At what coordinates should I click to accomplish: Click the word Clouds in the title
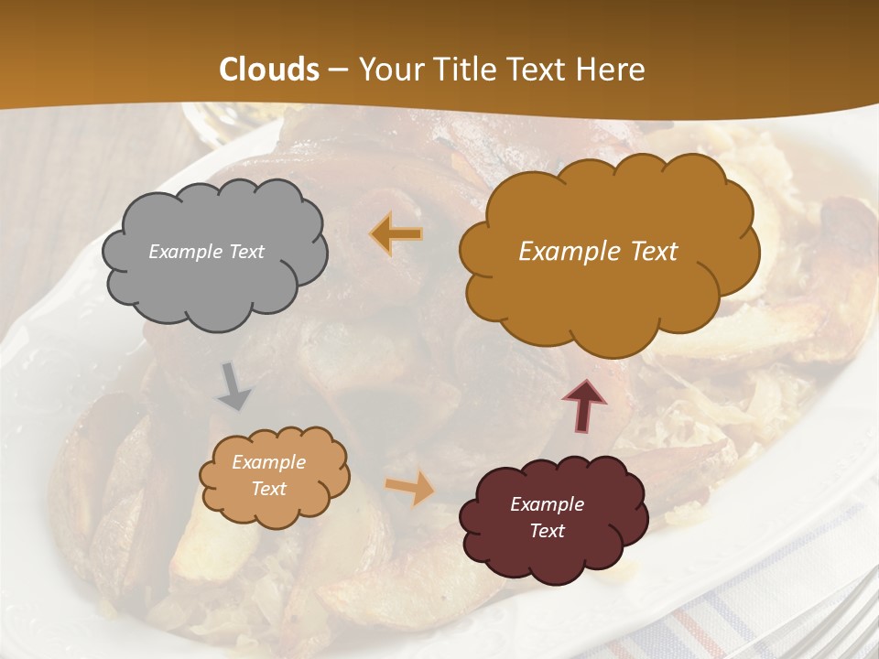pos(269,70)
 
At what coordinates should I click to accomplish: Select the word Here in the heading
pos(612,70)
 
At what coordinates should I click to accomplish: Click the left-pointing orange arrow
pos(396,234)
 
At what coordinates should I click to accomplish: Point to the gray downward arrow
pos(234,385)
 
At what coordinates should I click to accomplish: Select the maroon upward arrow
pos(585,405)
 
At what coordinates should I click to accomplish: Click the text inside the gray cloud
pos(206,252)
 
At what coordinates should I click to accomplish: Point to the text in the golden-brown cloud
pos(598,252)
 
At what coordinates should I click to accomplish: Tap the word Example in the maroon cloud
pos(547,504)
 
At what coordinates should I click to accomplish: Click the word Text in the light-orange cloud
pos(268,489)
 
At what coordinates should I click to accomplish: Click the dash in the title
pos(337,70)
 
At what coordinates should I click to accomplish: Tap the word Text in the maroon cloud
pos(547,531)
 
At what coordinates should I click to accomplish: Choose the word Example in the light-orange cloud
pos(268,462)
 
